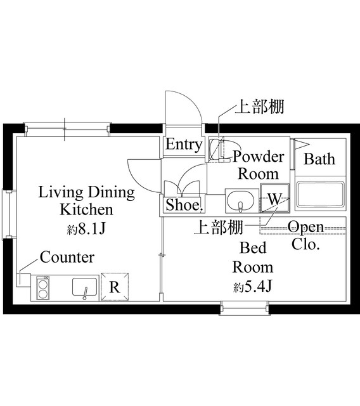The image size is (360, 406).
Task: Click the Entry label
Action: click(x=184, y=145)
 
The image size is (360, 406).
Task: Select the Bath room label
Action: click(x=319, y=159)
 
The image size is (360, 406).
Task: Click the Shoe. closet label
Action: click(x=184, y=205)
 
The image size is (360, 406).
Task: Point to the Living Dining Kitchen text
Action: click(x=86, y=200)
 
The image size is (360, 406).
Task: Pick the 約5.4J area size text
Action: click(x=252, y=286)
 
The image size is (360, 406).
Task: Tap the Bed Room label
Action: click(x=252, y=257)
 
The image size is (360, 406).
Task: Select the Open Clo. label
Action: click(x=305, y=235)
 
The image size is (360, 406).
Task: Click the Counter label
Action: click(x=67, y=257)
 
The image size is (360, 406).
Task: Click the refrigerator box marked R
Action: click(x=114, y=287)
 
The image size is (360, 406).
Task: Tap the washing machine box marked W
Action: click(x=274, y=198)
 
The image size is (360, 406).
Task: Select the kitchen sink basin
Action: click(x=84, y=287)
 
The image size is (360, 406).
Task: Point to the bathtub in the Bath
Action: click(x=319, y=195)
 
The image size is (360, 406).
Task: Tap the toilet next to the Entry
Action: click(x=215, y=150)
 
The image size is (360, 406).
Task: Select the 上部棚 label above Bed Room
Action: click(x=217, y=227)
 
